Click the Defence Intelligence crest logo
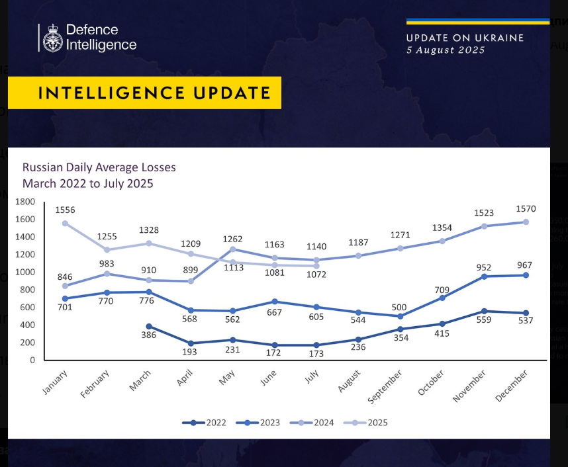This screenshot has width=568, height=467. [x=52, y=38]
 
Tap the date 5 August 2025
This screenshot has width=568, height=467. [x=446, y=50]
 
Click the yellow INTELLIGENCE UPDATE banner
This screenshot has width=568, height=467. [x=144, y=93]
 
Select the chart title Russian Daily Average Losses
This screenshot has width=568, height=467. [x=99, y=168]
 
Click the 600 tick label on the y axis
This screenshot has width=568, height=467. [x=27, y=308]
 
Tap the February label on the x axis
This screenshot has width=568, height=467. [x=97, y=384]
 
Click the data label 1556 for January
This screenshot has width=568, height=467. [x=65, y=210]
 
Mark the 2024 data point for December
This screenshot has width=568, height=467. [x=525, y=222]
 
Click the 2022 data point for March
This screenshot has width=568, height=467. [x=149, y=326]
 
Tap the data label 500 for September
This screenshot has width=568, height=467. [x=399, y=308]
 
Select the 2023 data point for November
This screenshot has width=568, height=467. [x=484, y=276]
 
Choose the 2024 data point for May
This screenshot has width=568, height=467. [x=232, y=249]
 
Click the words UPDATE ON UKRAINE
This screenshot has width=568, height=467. [x=465, y=38]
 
